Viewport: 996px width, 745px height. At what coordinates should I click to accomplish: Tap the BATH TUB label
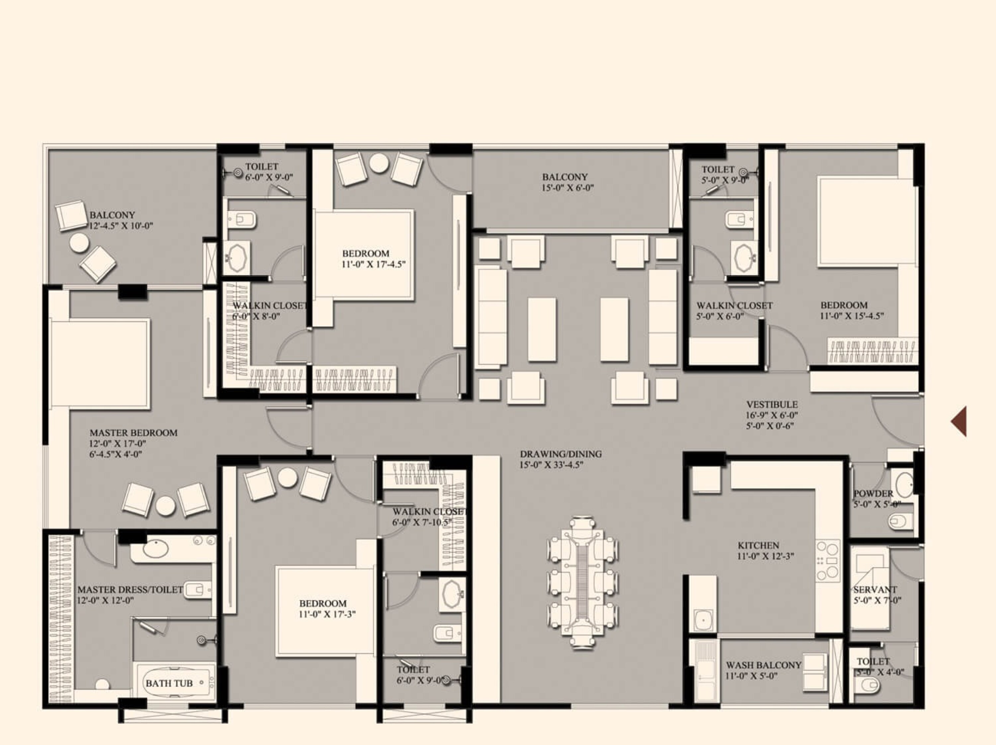point(169,683)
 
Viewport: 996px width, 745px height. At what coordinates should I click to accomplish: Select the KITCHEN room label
point(758,545)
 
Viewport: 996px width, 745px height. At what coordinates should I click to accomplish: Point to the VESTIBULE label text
point(772,405)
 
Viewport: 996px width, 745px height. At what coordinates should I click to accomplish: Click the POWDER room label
point(873,494)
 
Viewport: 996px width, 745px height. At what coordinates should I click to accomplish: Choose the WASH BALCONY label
point(763,665)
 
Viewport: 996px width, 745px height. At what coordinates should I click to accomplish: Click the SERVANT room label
point(875,590)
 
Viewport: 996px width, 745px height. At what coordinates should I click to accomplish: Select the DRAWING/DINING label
point(561,454)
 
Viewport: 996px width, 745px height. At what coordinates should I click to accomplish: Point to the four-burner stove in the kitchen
point(828,561)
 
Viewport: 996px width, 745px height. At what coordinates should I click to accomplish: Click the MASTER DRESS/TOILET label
point(130,590)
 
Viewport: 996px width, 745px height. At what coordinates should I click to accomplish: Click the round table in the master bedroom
point(165,506)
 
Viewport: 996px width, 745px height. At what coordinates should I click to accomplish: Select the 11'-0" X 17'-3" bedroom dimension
point(327,614)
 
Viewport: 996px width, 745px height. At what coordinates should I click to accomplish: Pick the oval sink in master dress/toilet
point(156,549)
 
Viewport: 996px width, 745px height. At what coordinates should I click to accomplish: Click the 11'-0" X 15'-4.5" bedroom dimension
point(852,316)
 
